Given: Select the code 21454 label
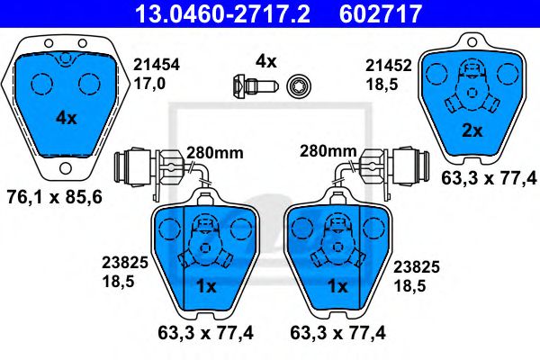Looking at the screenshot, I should (156, 65).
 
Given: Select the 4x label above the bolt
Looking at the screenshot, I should (265, 61).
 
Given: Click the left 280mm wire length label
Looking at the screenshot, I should (215, 153).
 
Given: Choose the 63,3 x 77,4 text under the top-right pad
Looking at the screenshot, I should (491, 179).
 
